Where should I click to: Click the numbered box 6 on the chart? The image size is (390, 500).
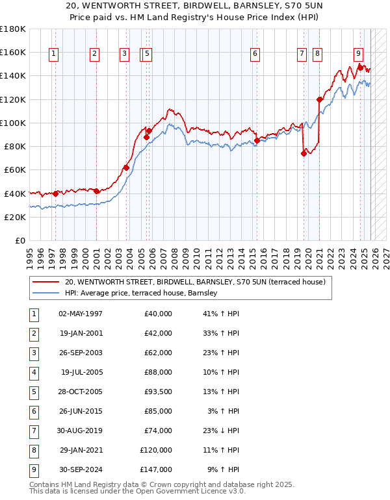click(x=255, y=55)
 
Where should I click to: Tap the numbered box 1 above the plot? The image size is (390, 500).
click(x=53, y=55)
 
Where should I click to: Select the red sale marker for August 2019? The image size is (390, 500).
click(x=304, y=154)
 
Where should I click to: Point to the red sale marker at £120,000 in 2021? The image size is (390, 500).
click(x=319, y=99)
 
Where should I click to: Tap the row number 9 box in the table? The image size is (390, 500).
click(x=33, y=469)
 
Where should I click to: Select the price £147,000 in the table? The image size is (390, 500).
click(x=155, y=469)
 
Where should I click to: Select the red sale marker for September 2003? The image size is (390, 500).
click(x=126, y=168)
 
